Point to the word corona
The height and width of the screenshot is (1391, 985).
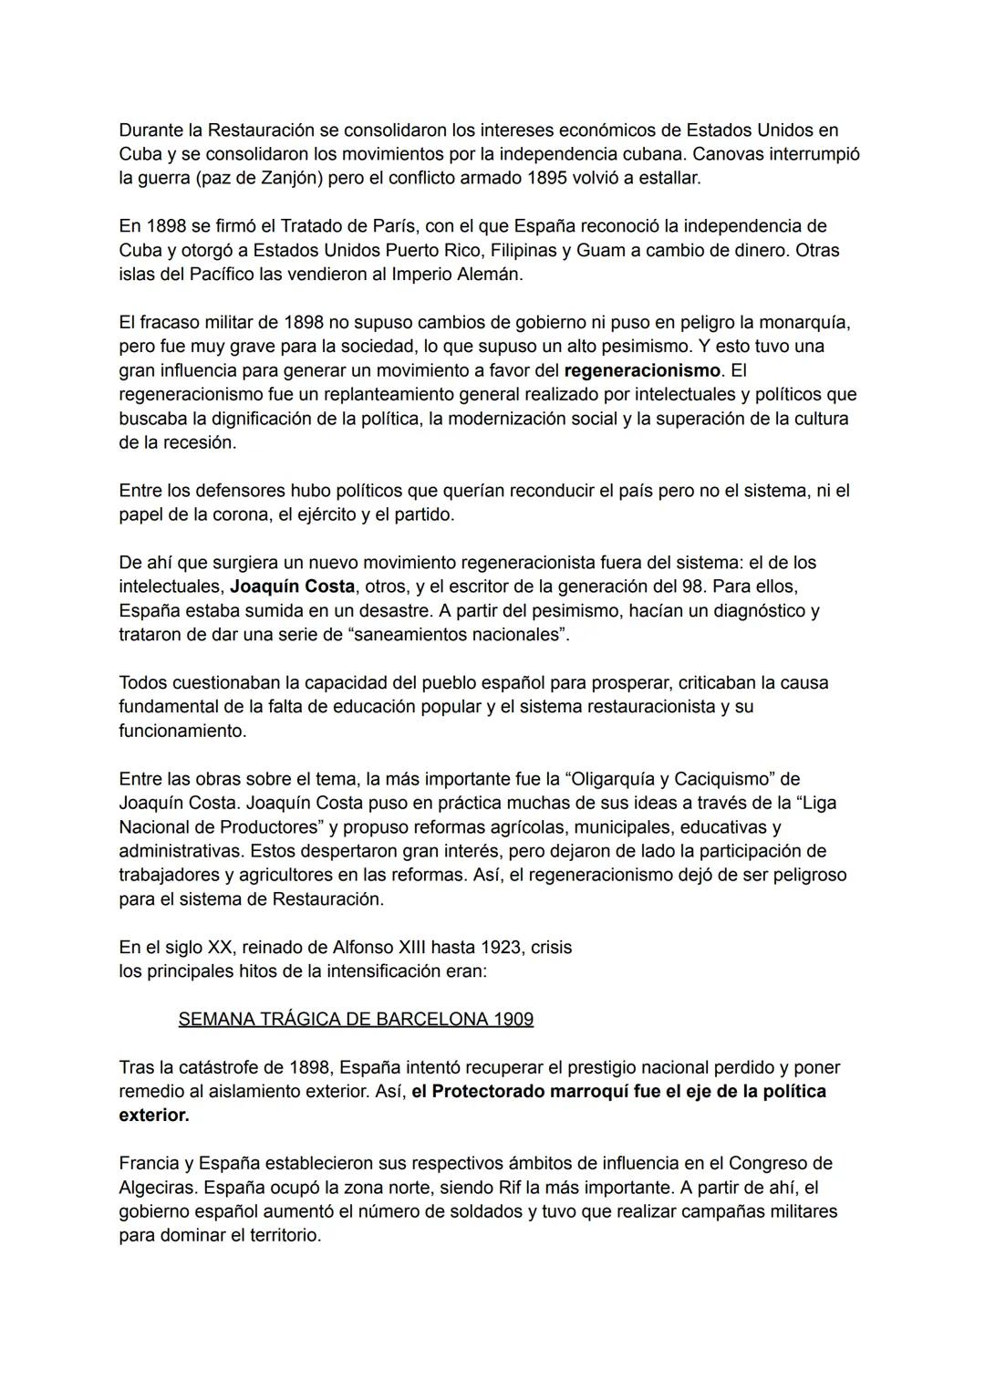(215, 514)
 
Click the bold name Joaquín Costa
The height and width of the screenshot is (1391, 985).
(292, 587)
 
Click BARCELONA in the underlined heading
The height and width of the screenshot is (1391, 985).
(418, 1019)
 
